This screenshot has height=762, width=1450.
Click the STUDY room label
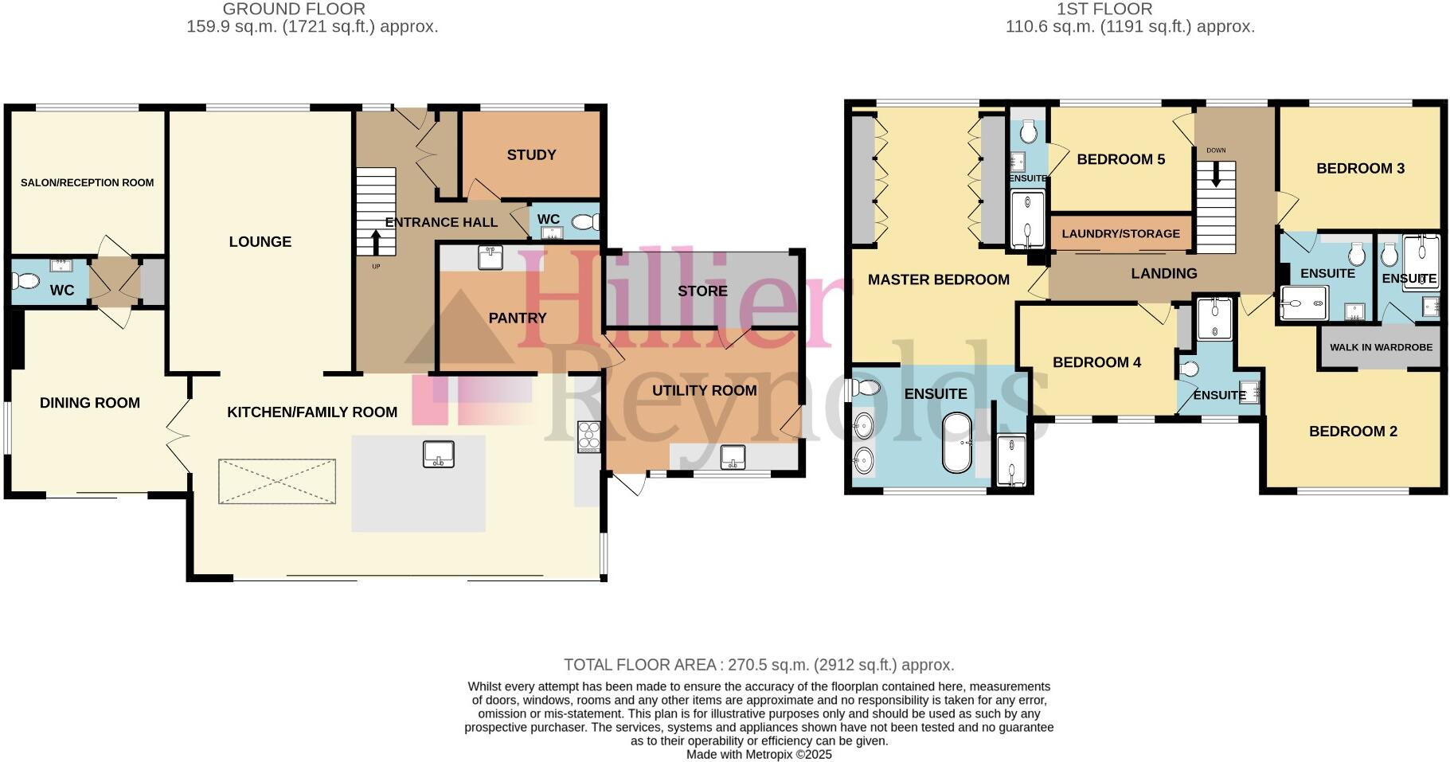click(531, 155)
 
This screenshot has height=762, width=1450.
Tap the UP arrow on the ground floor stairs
click(377, 241)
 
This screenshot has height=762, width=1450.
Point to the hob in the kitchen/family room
click(588, 436)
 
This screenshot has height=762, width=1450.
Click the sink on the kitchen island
click(438, 454)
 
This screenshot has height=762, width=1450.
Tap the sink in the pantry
click(490, 257)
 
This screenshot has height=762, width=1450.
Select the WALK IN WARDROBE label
click(1381, 347)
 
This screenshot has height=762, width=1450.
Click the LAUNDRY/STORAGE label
click(1120, 234)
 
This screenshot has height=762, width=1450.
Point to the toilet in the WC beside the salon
click(26, 281)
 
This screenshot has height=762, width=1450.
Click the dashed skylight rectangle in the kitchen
click(277, 481)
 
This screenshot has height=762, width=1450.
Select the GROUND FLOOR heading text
click(294, 10)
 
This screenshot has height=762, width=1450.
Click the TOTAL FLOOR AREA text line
click(758, 665)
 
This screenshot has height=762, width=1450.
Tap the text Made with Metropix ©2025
click(758, 754)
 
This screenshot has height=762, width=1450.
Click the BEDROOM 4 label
click(1096, 363)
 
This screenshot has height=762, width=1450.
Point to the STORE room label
click(702, 291)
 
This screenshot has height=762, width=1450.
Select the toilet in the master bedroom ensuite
click(865, 388)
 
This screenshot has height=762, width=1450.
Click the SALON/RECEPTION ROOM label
click(87, 183)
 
